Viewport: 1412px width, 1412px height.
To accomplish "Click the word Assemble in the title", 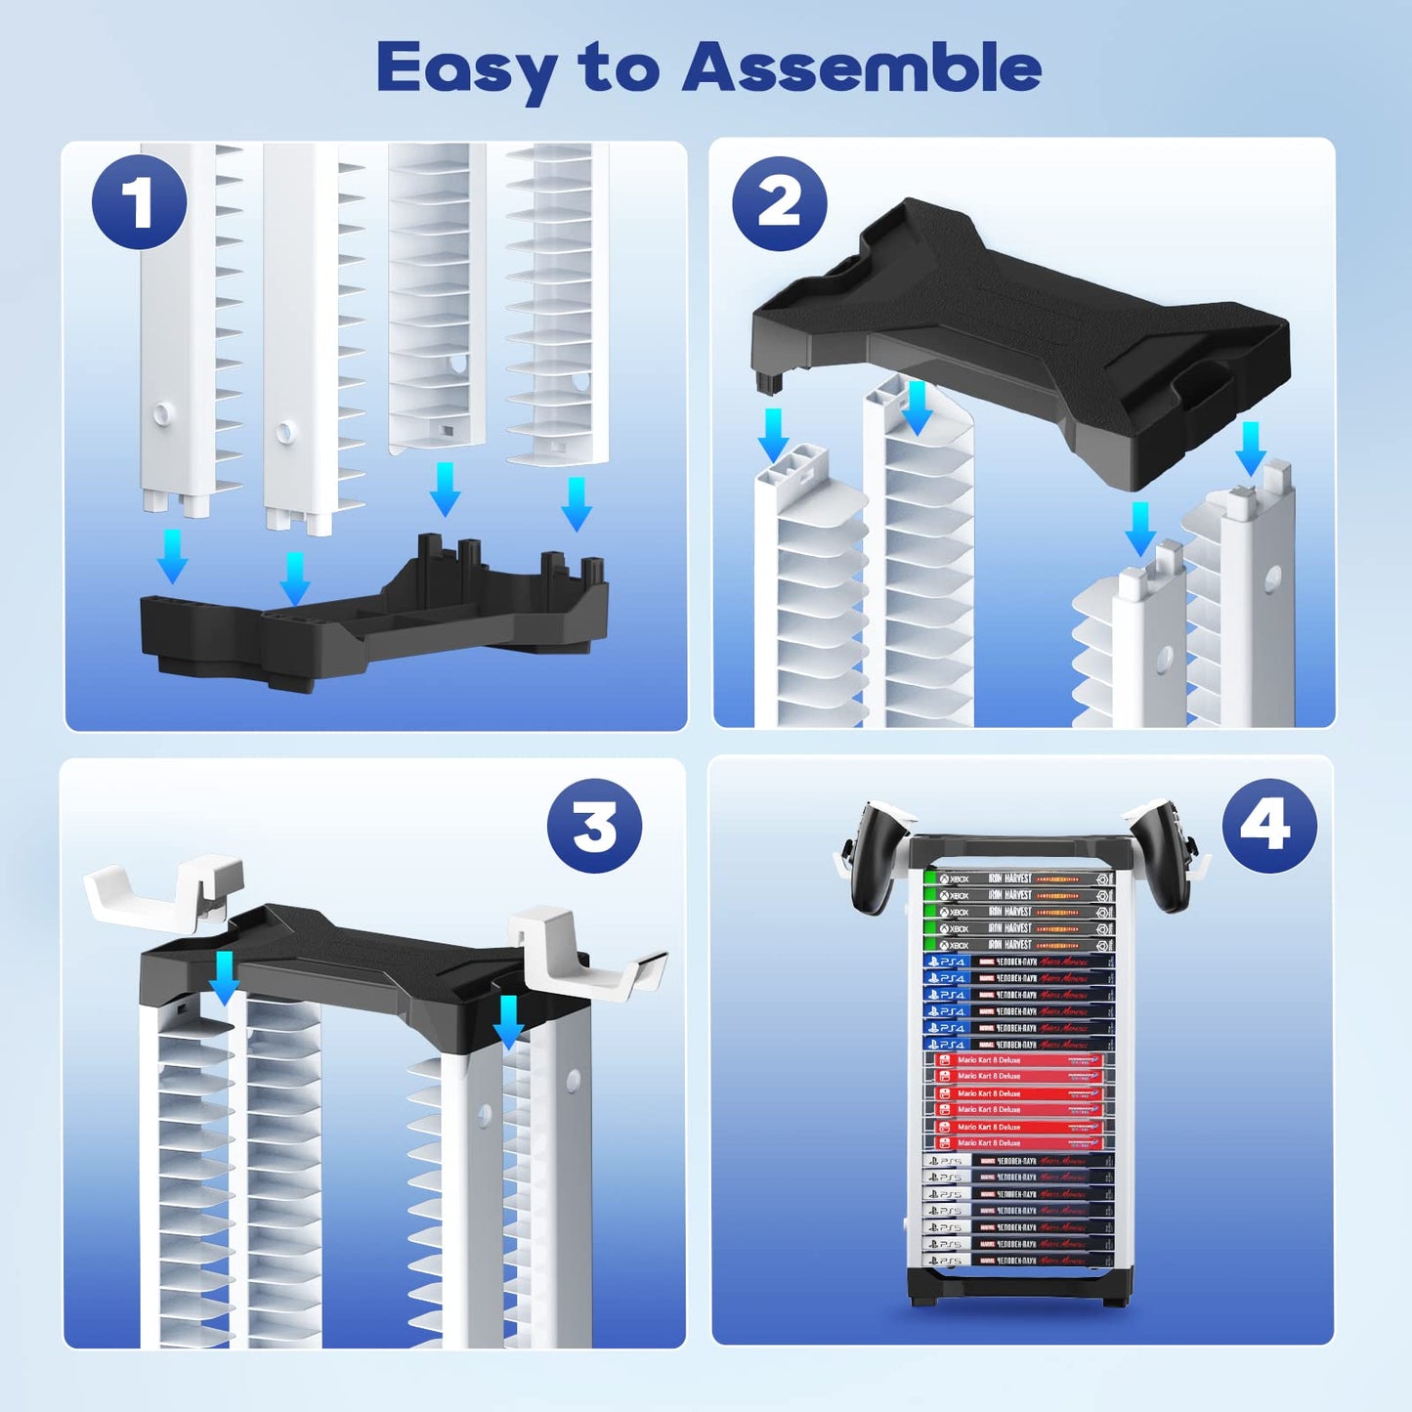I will point(862,68).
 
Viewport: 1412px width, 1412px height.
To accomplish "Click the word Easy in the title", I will point(466,70).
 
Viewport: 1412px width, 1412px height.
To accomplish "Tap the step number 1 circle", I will point(140,202).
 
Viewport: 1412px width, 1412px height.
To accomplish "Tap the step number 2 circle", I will point(779,203).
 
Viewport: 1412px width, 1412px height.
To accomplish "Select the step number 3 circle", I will point(594,827).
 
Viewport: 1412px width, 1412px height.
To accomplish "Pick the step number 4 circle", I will point(1268,827).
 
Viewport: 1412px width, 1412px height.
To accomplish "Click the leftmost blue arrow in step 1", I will point(173,555).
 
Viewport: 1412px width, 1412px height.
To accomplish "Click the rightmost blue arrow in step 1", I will point(577,502).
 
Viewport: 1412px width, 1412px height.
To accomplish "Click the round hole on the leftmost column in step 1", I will point(160,414).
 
